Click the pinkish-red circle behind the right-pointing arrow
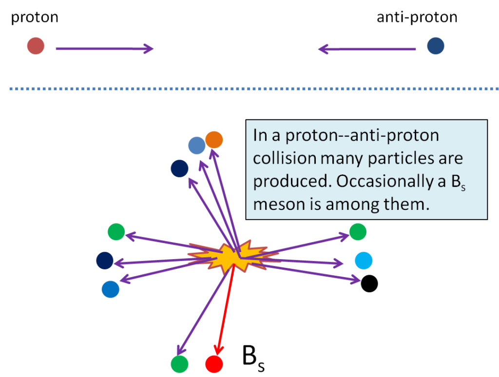(36, 46)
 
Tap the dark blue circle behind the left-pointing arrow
(435, 46)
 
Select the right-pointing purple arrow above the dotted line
(104, 49)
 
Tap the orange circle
(214, 140)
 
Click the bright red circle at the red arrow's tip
(214, 363)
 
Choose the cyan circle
(364, 260)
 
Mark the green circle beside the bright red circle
(179, 363)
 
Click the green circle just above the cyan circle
(357, 232)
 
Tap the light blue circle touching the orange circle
(197, 145)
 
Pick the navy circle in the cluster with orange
(179, 168)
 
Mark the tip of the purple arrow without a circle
(360, 280)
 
